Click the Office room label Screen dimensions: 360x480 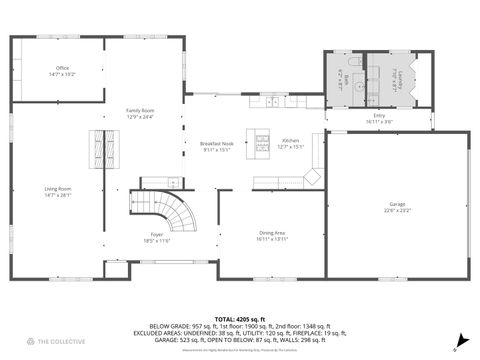tap(62, 68)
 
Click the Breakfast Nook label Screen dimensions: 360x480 tap(216, 143)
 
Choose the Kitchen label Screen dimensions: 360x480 tap(290, 141)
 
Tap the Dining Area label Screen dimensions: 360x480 tap(272, 233)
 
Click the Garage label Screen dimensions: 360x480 tap(397, 205)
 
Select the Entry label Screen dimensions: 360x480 tap(379, 116)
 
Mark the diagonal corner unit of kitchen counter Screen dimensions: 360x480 tap(313, 177)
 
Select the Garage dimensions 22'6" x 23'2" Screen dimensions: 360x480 tap(397, 211)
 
